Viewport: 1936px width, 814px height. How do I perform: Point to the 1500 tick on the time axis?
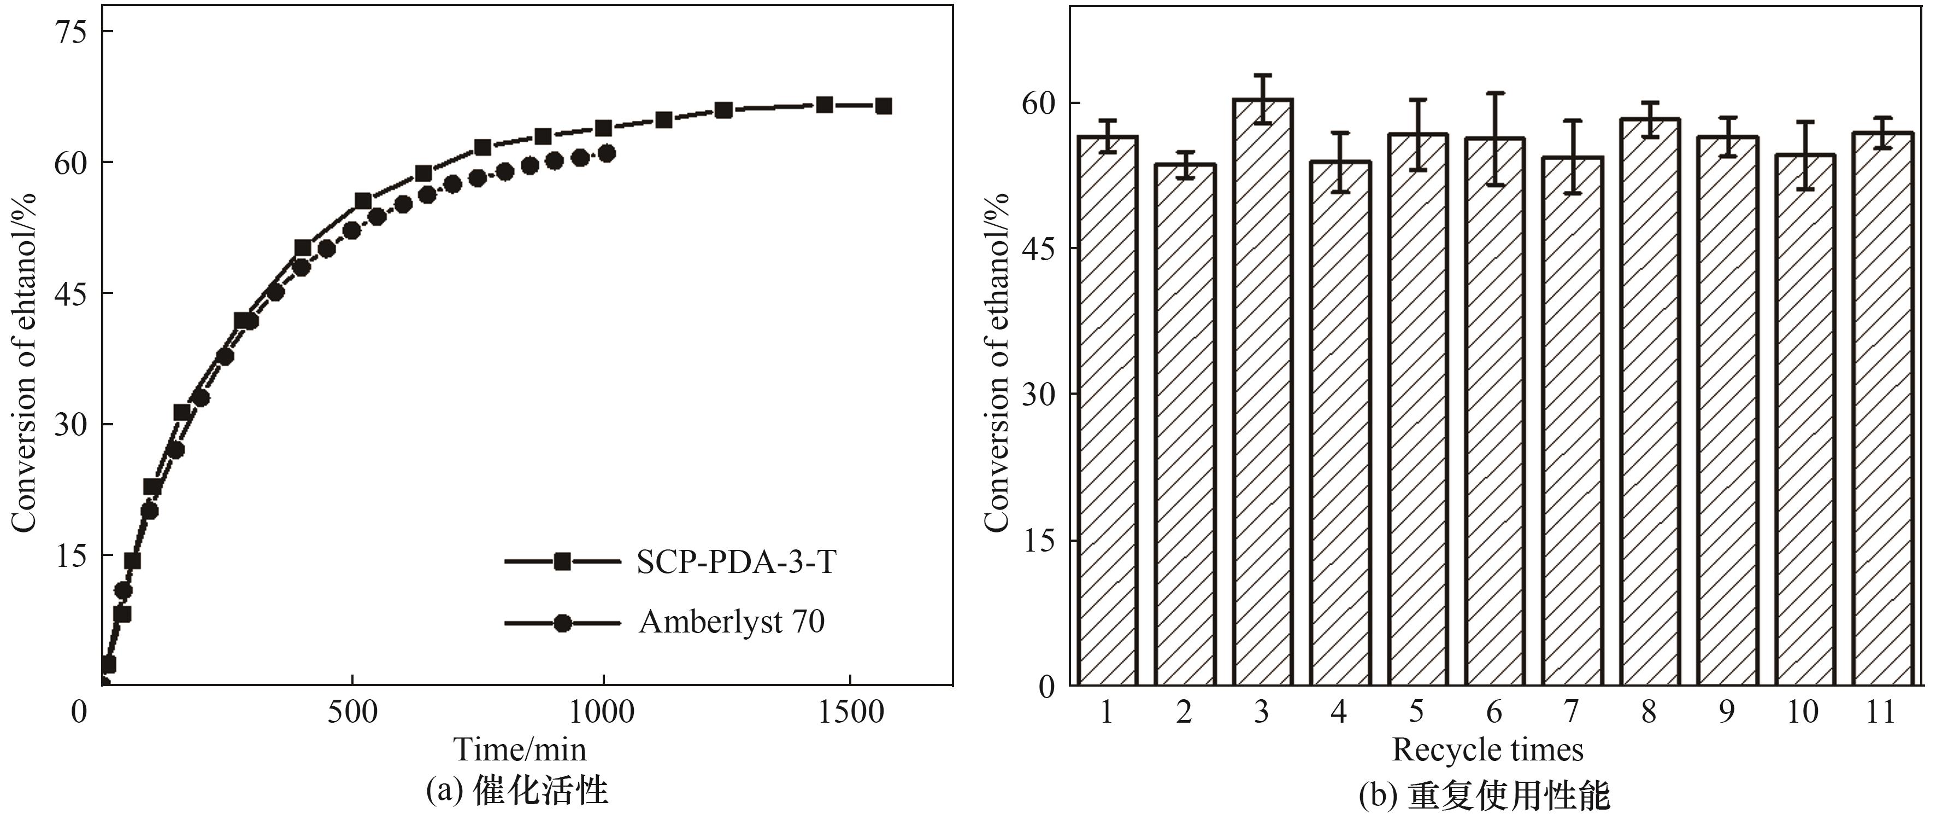click(851, 712)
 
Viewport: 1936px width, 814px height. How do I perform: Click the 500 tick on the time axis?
click(352, 712)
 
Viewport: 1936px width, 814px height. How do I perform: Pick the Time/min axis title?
click(519, 749)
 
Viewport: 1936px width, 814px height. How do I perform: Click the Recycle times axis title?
click(1487, 749)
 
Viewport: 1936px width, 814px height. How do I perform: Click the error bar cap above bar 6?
click(1496, 93)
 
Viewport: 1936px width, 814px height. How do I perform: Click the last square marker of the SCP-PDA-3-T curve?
click(884, 106)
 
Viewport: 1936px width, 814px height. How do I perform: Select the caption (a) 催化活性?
click(517, 790)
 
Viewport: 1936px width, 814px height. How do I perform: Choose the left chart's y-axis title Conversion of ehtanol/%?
click(24, 362)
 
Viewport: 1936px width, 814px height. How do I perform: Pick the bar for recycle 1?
click(1108, 409)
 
